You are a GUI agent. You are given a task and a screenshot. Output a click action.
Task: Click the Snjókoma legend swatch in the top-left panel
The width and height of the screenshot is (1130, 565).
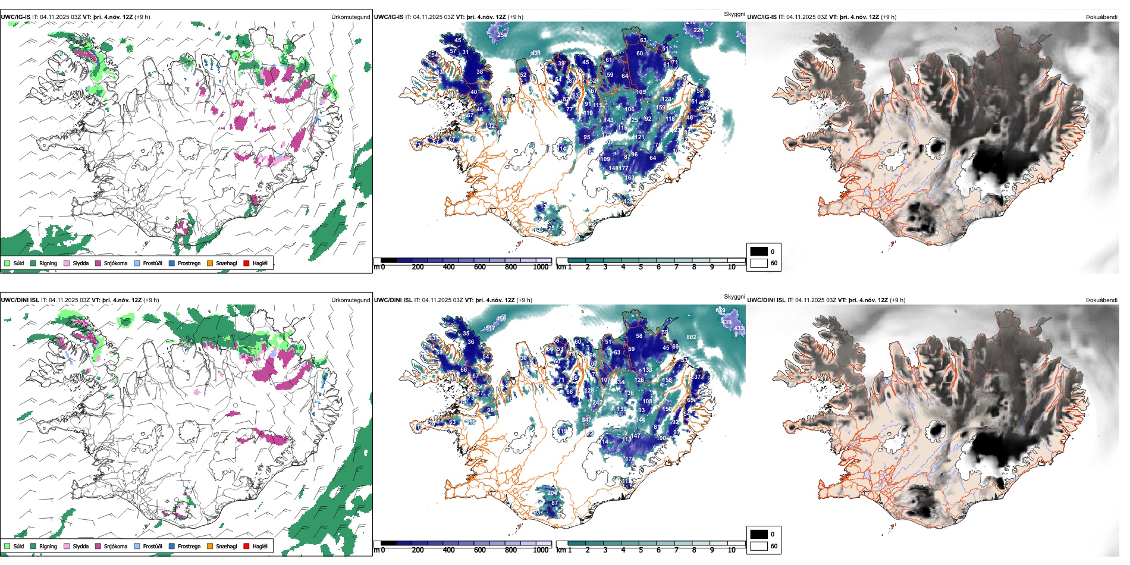tap(98, 263)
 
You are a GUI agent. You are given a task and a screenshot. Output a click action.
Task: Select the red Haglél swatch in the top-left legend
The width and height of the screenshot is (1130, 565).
tap(246, 263)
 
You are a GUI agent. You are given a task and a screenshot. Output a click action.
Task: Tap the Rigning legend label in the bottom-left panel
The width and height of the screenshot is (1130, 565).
tap(48, 546)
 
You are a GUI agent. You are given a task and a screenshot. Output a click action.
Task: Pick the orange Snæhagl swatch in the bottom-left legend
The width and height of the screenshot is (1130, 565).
tap(210, 546)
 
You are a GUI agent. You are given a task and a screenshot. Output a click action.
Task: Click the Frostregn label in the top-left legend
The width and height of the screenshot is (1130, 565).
tap(189, 263)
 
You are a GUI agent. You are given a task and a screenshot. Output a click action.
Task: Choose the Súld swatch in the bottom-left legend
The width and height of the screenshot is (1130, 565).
tap(7, 546)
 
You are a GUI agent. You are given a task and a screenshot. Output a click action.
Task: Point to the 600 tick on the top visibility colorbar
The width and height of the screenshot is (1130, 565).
tap(479, 267)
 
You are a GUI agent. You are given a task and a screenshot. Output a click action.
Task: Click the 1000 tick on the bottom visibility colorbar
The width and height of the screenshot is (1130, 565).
tap(541, 550)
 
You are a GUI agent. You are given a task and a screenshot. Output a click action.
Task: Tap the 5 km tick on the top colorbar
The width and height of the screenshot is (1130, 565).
tap(641, 267)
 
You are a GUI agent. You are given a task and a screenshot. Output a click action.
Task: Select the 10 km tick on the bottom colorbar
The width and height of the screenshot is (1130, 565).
tap(732, 550)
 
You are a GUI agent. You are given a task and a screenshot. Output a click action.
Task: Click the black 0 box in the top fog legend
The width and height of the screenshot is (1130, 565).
tap(759, 252)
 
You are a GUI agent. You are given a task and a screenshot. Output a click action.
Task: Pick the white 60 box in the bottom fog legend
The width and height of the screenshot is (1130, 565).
tap(759, 546)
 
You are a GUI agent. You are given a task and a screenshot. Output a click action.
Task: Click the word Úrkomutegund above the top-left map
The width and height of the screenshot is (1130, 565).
tap(350, 17)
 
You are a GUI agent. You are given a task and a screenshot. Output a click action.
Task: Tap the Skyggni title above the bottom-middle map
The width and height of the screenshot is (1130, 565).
tap(734, 297)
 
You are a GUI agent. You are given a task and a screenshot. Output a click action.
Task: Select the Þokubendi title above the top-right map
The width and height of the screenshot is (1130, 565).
tap(1101, 17)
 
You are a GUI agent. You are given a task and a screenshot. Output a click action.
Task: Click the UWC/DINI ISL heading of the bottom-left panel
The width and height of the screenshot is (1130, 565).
tap(20, 300)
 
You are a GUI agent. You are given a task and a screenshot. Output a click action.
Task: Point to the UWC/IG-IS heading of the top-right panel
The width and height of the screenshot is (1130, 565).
tap(762, 17)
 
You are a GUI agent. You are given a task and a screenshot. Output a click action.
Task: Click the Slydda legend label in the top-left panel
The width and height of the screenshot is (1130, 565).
tap(81, 263)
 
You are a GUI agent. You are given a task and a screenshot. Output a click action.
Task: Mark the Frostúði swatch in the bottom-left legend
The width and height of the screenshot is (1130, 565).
tap(137, 546)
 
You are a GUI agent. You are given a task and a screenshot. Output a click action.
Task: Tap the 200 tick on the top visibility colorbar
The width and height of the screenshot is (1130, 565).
tap(418, 267)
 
